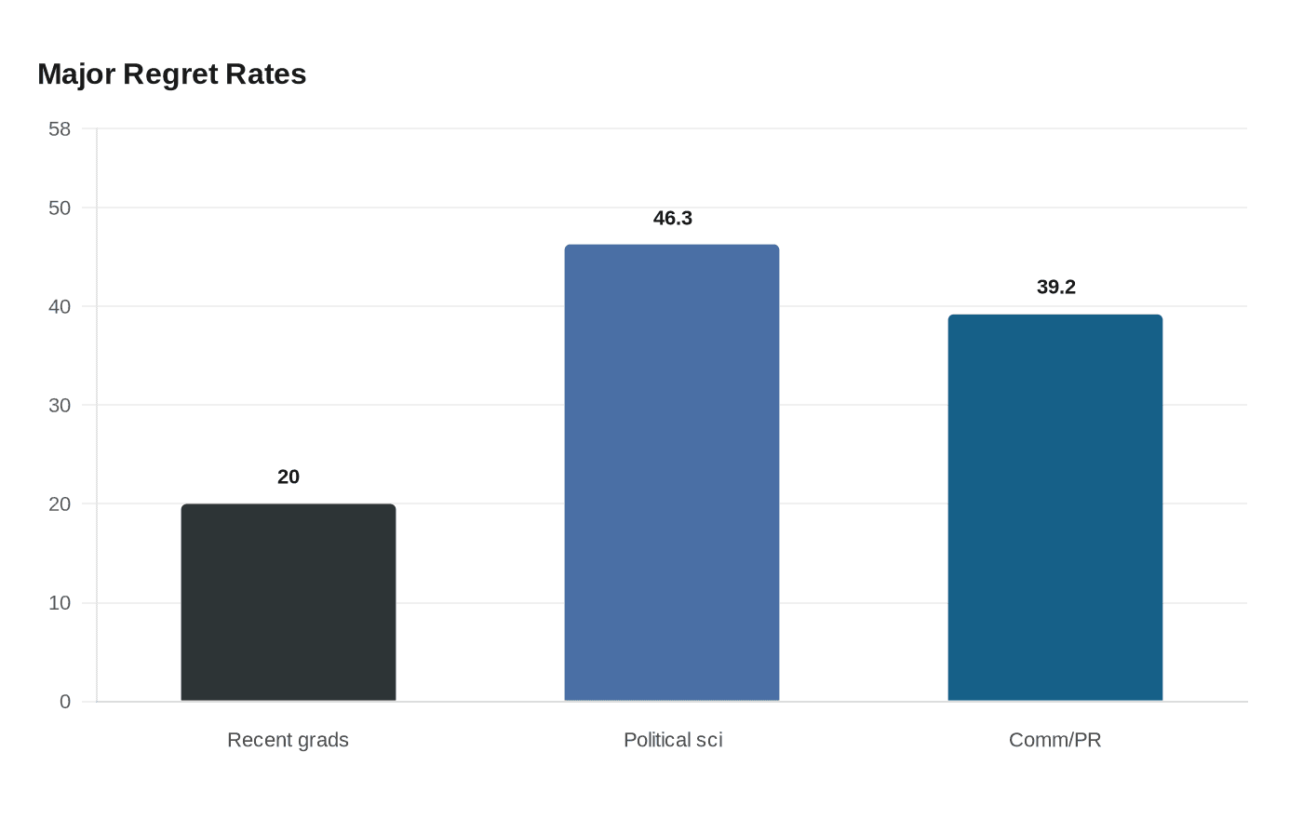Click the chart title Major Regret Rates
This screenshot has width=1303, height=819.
point(172,74)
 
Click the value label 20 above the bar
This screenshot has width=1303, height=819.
point(289,477)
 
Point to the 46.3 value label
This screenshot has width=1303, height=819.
point(673,218)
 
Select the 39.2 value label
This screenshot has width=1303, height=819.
point(1056,287)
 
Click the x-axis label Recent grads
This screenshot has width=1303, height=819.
point(289,740)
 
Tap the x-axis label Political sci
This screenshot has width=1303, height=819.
point(673,740)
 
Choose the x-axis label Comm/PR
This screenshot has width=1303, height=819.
point(1055,740)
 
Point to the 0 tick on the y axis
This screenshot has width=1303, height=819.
point(65,702)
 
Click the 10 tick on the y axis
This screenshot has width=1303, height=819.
point(60,603)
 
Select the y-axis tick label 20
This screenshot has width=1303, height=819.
point(60,503)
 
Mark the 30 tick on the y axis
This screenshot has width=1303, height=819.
point(60,405)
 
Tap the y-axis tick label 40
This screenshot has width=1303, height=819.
point(60,306)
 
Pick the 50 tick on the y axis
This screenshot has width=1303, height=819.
point(60,208)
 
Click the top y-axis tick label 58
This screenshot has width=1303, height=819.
point(60,128)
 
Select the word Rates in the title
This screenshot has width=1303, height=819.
point(267,74)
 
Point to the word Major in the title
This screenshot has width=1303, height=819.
point(76,74)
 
